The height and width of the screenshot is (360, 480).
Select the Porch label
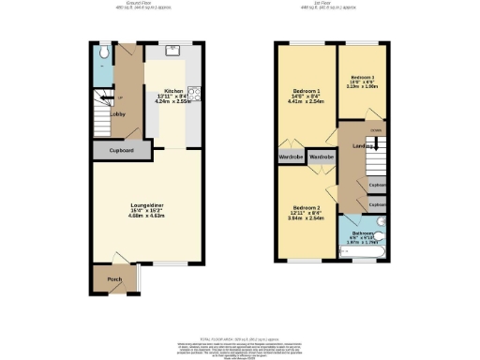[x=114, y=279]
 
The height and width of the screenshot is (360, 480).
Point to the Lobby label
[x=119, y=114]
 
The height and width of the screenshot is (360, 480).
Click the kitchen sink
[x=175, y=50]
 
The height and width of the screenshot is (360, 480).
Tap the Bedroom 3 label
[x=363, y=77]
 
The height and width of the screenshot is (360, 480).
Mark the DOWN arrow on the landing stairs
[x=375, y=130]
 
